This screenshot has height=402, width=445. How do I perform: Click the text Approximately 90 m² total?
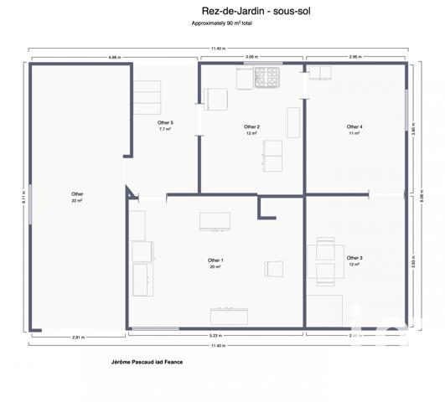(222, 24)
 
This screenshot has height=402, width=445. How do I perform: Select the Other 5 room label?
(165, 123)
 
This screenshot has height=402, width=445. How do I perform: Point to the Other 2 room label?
(251, 127)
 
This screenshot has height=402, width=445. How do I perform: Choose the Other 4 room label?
(354, 127)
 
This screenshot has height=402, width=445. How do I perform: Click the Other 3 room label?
(354, 258)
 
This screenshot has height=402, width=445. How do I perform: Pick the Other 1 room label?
(215, 260)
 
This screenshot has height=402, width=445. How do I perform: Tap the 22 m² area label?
(77, 201)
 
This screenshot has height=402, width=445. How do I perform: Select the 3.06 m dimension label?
(251, 57)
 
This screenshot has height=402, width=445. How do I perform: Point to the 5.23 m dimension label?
(215, 336)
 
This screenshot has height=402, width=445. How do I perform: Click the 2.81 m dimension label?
(78, 336)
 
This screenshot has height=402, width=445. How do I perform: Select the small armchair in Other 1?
(272, 268)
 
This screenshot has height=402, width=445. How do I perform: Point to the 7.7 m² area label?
(165, 130)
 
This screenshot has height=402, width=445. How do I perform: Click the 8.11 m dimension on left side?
(23, 197)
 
